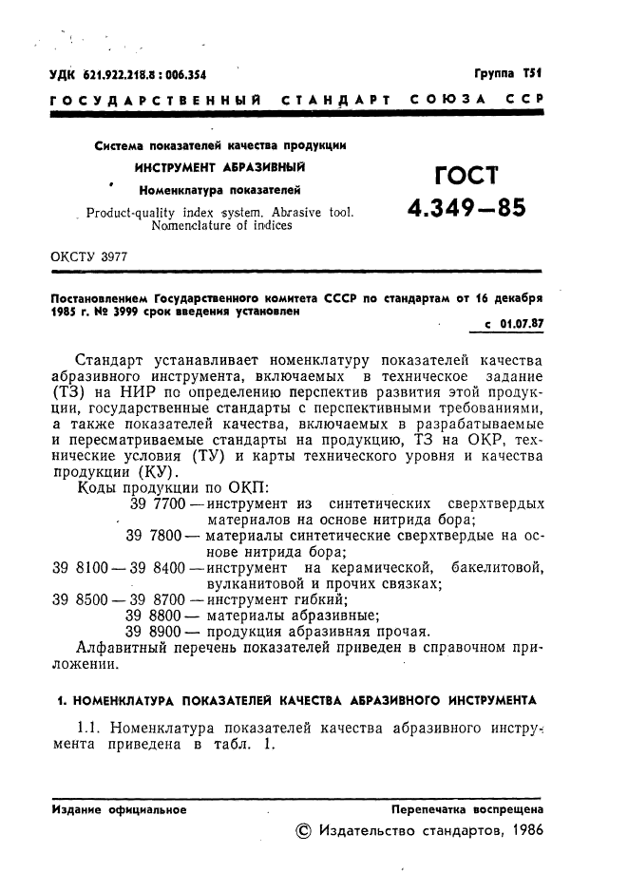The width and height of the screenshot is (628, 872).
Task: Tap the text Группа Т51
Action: click(507, 73)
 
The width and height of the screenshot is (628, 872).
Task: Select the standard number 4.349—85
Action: click(466, 209)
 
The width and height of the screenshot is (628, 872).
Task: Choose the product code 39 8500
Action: click(75, 599)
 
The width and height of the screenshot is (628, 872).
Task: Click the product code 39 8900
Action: click(156, 632)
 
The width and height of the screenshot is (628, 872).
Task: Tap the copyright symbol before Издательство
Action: click(304, 830)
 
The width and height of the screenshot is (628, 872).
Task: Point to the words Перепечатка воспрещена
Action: click(466, 810)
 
